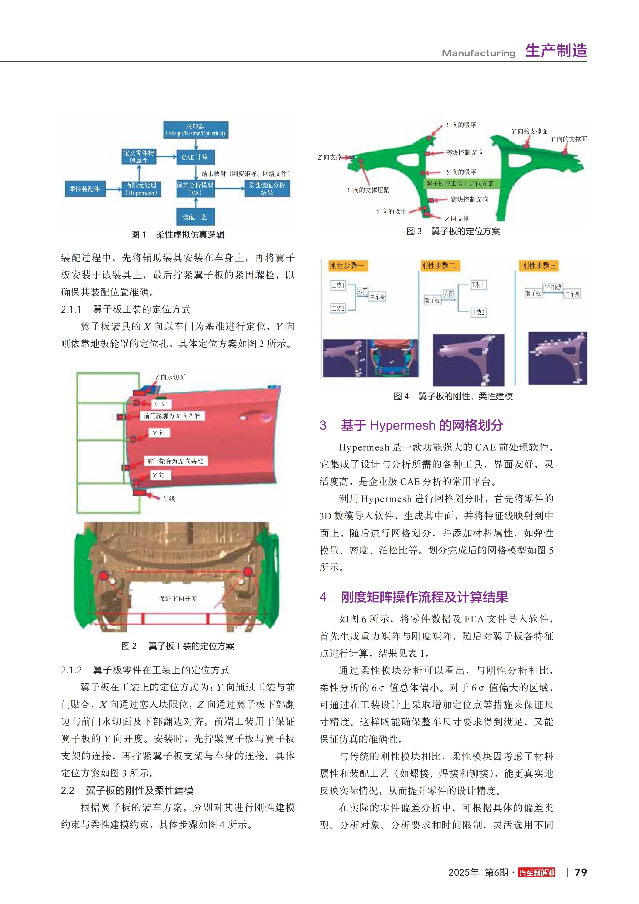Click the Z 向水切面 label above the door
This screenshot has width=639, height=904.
pyautogui.click(x=170, y=377)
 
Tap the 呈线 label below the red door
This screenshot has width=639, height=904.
pyautogui.click(x=169, y=499)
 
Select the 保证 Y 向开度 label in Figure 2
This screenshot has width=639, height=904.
pyautogui.click(x=178, y=598)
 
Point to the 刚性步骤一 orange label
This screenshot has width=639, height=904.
pyautogui.click(x=347, y=266)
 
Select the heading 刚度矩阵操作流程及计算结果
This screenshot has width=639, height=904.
pyautogui.click(x=424, y=597)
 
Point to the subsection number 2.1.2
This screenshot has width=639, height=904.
pyautogui.click(x=71, y=670)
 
